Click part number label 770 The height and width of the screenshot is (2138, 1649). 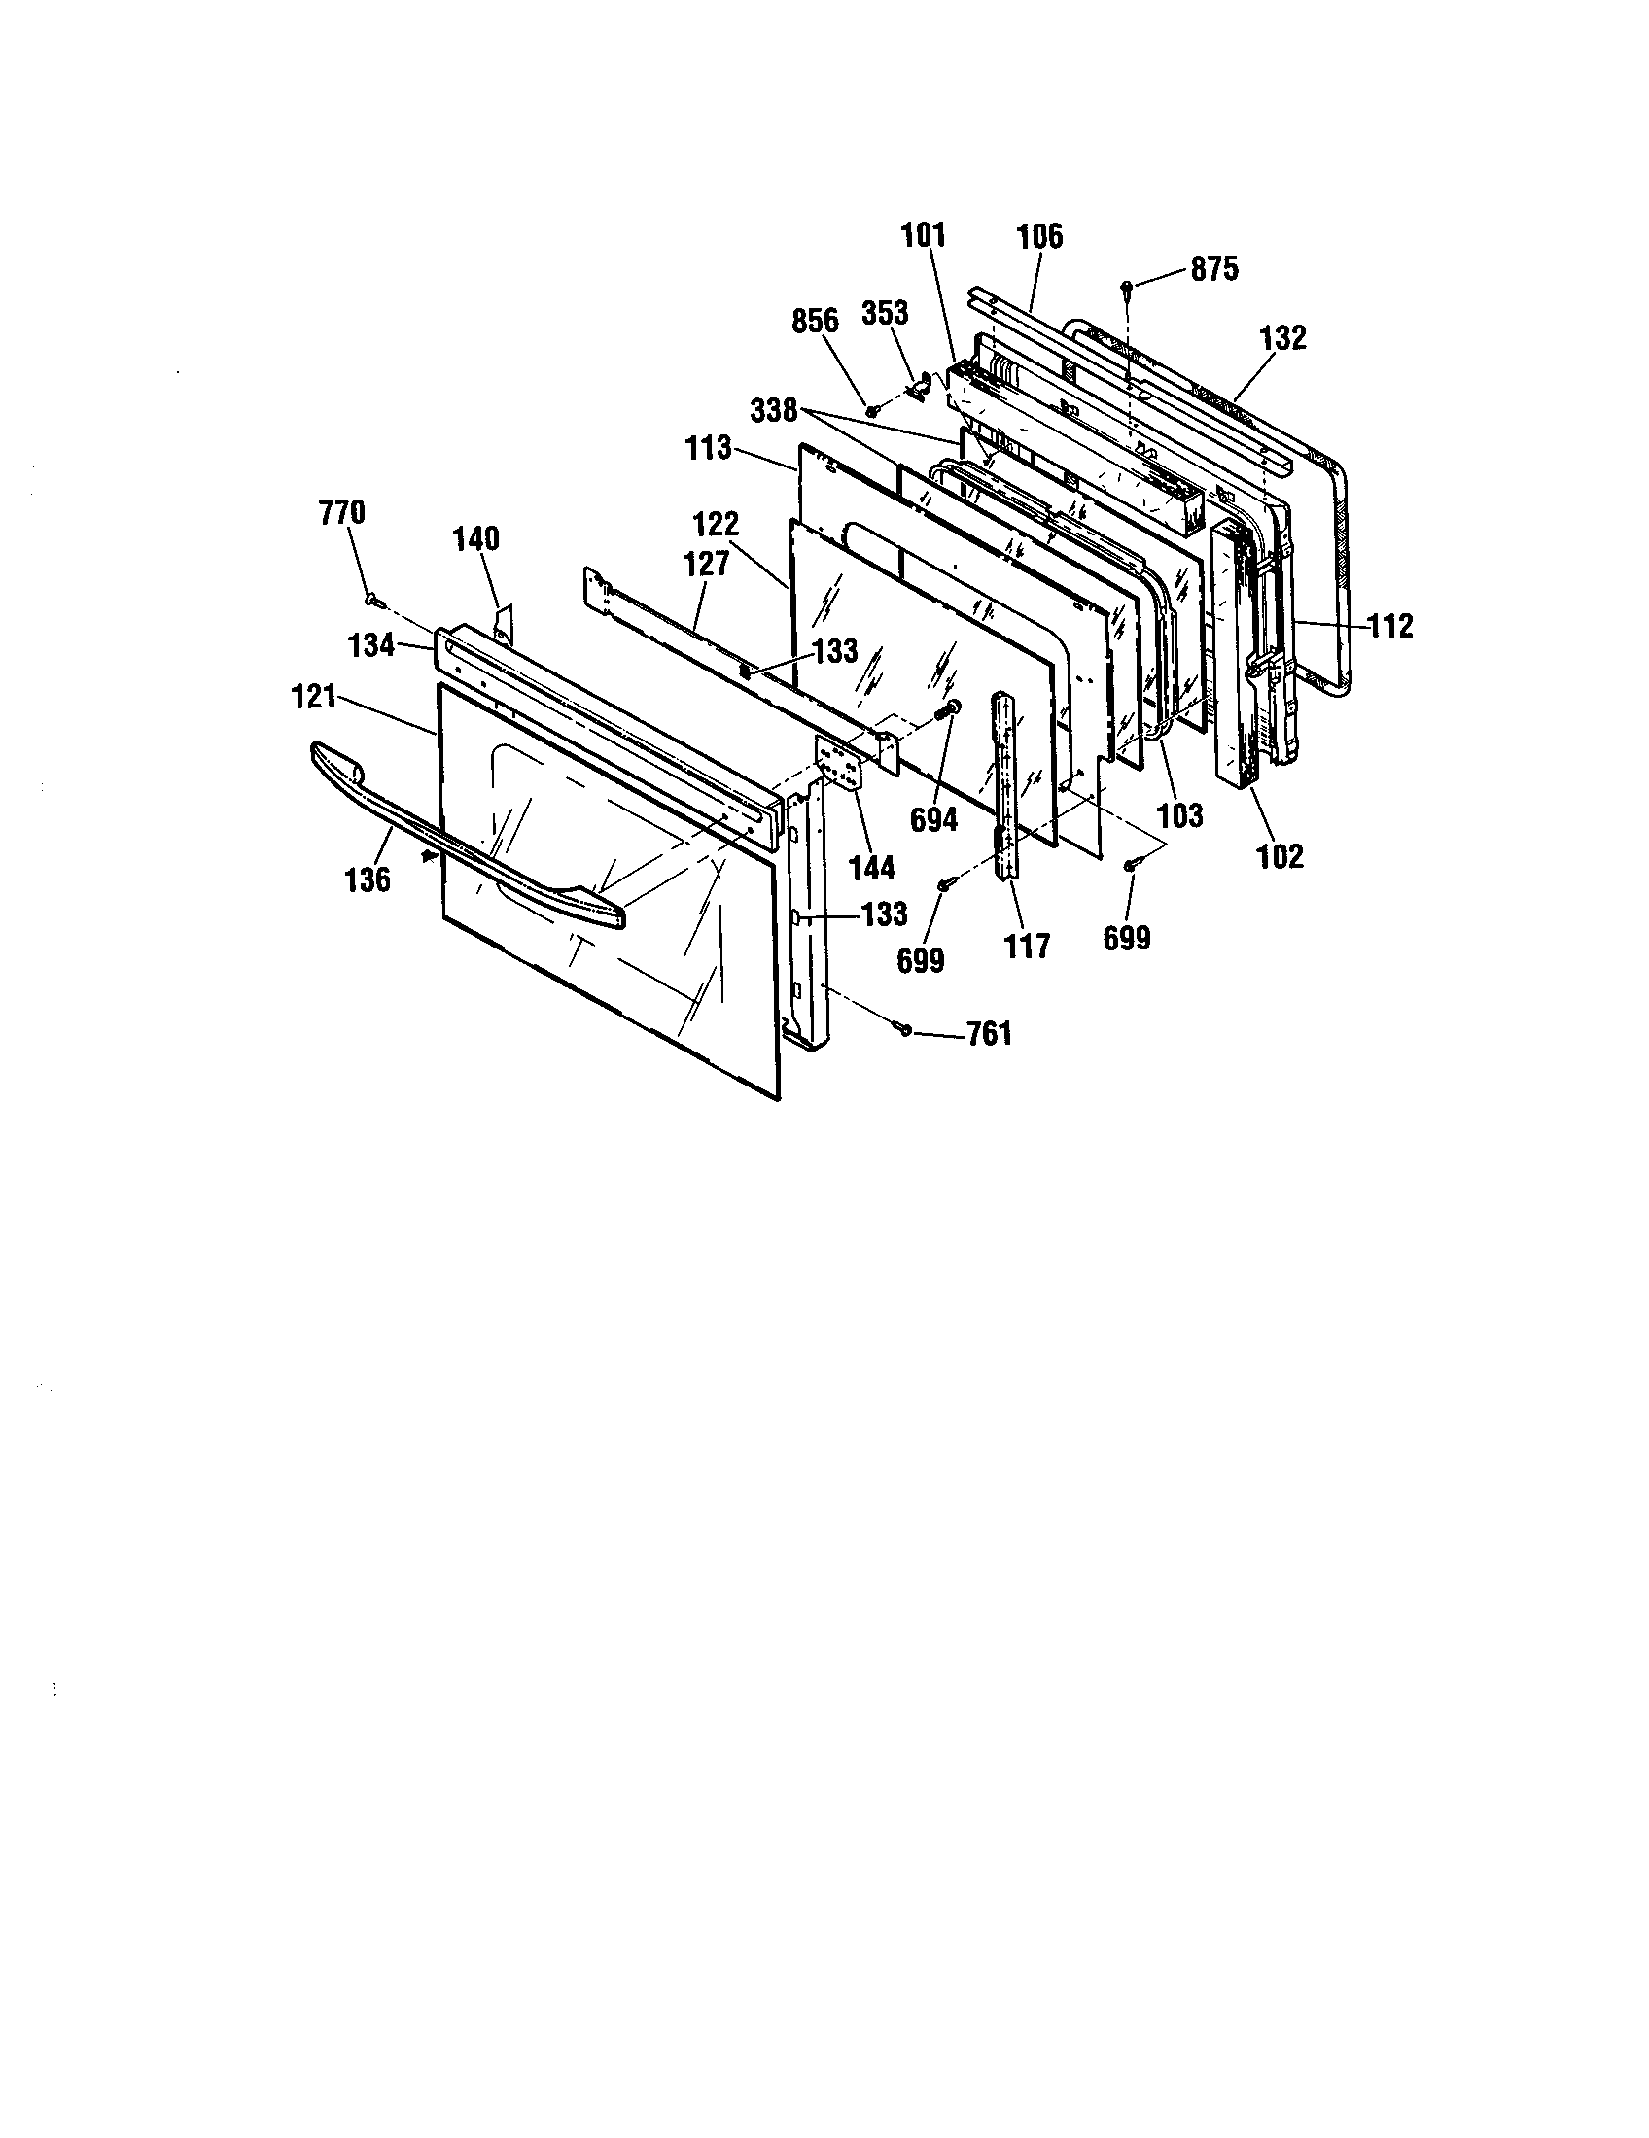pyautogui.click(x=341, y=512)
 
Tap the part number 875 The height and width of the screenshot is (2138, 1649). pyautogui.click(x=1214, y=269)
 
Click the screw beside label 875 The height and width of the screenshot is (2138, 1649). pyautogui.click(x=1128, y=287)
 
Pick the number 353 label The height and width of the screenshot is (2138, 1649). pyautogui.click(x=884, y=313)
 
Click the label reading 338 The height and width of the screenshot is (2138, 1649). pyautogui.click(x=774, y=410)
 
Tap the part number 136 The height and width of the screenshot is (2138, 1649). pyautogui.click(x=368, y=880)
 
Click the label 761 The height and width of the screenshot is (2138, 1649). pyautogui.click(x=989, y=1034)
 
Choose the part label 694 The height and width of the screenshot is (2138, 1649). pyautogui.click(x=933, y=819)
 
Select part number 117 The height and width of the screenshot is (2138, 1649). pyautogui.click(x=1027, y=946)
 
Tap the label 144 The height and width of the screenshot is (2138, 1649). pyautogui.click(x=871, y=866)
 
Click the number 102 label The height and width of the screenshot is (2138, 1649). pyautogui.click(x=1281, y=855)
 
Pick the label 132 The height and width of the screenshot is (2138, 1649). pyautogui.click(x=1283, y=338)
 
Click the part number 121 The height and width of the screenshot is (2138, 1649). pyautogui.click(x=314, y=698)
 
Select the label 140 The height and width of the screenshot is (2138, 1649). pyautogui.click(x=475, y=538)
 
